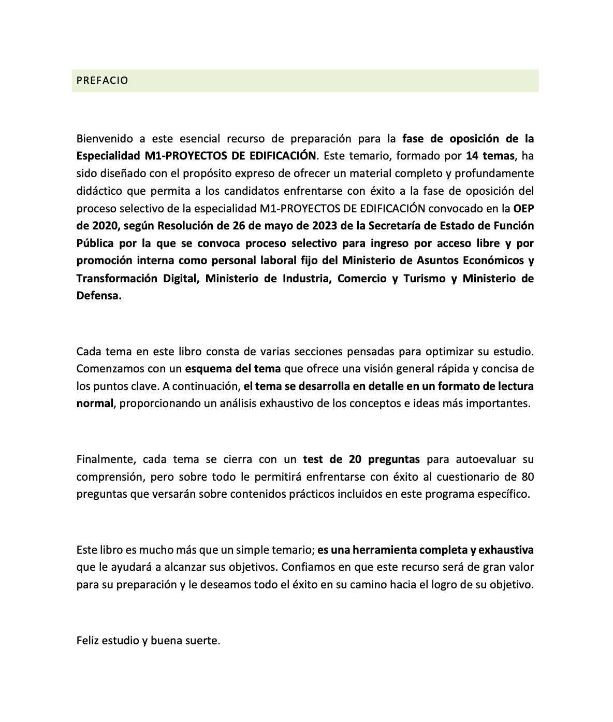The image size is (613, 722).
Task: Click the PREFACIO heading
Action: [x=102, y=81]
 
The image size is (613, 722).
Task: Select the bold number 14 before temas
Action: [x=472, y=156]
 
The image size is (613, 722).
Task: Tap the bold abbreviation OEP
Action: [x=523, y=208]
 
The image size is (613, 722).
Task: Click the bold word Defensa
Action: [x=99, y=296]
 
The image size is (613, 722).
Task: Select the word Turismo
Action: [x=425, y=278]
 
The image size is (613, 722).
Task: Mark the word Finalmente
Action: [x=106, y=459]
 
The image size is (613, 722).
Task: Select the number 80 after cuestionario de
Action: [x=528, y=476]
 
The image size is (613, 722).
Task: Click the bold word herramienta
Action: [x=373, y=550]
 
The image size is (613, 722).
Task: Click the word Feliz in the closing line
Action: [x=87, y=641]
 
